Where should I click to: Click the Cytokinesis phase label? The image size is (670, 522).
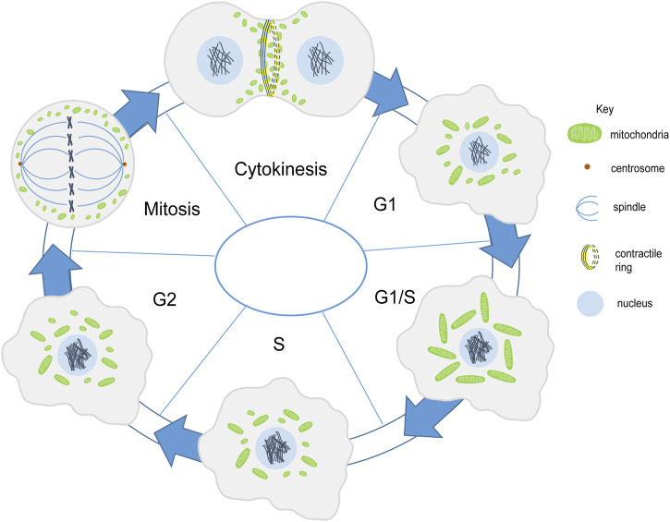(x=281, y=169)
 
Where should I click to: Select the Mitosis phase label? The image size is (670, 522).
(x=172, y=209)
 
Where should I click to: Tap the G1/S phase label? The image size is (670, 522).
(x=395, y=297)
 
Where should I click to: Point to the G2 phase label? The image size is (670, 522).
(x=164, y=299)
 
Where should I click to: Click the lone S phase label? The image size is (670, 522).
(x=278, y=344)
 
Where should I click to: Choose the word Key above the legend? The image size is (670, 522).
(x=604, y=109)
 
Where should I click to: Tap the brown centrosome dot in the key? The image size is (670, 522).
(x=587, y=167)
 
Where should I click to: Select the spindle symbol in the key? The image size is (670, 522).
(x=586, y=208)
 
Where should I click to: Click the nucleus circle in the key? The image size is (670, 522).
(x=591, y=303)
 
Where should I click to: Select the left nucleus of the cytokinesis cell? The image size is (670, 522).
(x=220, y=59)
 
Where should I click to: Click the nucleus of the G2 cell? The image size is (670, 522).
(x=78, y=354)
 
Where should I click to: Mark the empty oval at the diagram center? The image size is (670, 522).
(x=290, y=266)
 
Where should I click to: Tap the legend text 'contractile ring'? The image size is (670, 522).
(x=639, y=261)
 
